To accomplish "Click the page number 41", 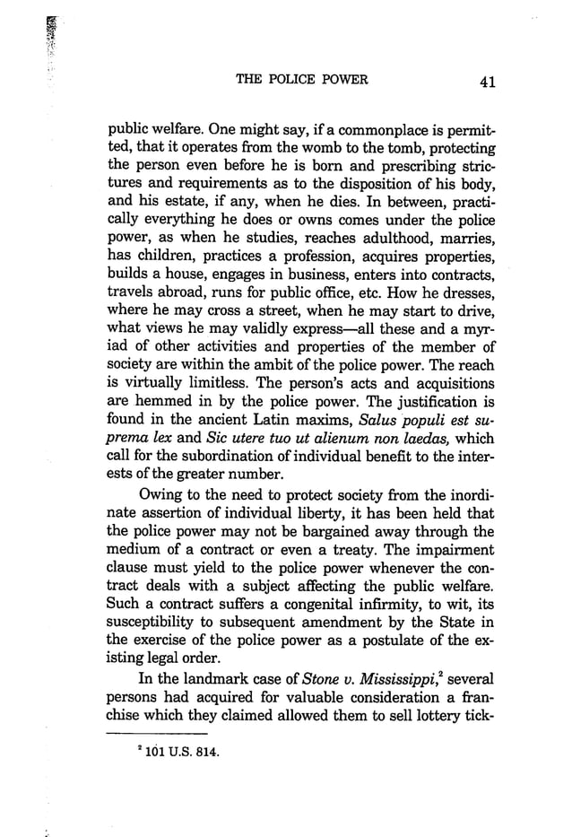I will (x=488, y=82).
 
